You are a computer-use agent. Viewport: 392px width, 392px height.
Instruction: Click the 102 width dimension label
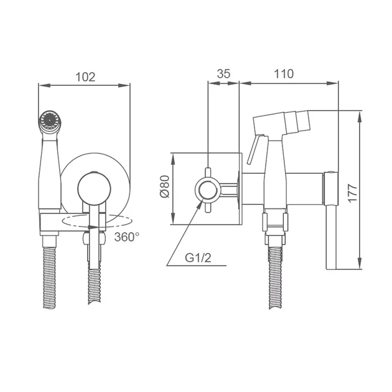(85, 77)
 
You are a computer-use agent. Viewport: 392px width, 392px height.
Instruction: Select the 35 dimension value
(223, 74)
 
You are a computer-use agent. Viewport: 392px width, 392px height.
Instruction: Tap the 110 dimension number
(284, 74)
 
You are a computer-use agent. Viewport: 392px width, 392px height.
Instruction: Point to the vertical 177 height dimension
(352, 193)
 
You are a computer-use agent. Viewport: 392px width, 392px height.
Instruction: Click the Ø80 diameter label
(164, 187)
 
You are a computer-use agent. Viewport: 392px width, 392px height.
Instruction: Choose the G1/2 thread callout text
(198, 258)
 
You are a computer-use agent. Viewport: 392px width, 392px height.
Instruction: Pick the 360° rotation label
(127, 236)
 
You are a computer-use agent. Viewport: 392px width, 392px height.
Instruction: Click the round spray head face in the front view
(50, 120)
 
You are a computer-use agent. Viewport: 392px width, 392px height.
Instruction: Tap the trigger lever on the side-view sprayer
(254, 149)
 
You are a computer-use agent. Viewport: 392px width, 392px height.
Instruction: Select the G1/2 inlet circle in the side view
(207, 190)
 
